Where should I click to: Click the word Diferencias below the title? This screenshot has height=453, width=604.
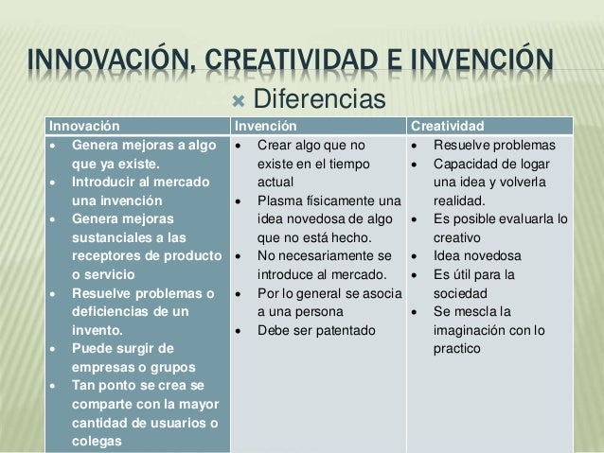[x=317, y=97]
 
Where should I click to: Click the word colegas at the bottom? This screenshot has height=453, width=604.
[x=96, y=439]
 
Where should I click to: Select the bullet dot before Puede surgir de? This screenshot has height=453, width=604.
[x=61, y=348]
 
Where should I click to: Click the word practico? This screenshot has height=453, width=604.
[x=456, y=348]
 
